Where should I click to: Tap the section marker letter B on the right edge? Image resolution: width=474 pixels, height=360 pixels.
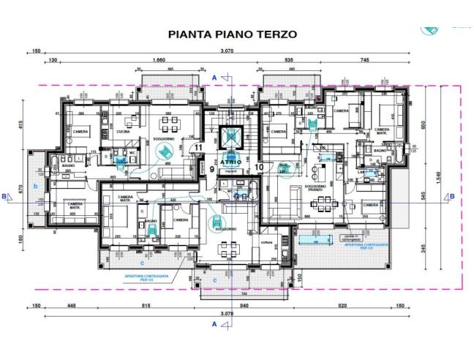click(x=452, y=196)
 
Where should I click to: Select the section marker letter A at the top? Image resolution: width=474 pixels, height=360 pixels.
click(x=214, y=77)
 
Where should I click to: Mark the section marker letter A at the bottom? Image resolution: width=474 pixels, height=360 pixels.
click(x=214, y=323)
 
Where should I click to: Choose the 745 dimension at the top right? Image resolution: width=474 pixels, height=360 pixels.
click(x=364, y=60)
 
